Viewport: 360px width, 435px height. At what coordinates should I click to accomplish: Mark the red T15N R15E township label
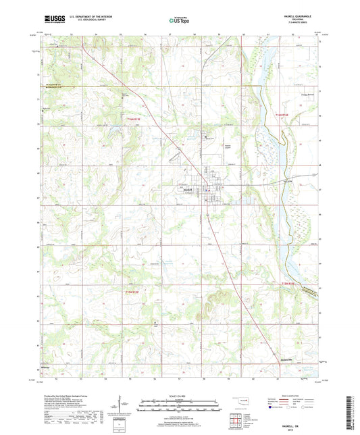[132, 291]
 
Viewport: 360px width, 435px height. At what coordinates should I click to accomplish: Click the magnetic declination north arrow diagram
[122, 404]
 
